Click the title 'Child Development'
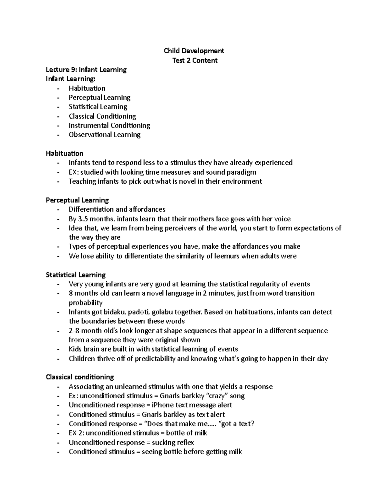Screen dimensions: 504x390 pyautogui.click(x=194, y=51)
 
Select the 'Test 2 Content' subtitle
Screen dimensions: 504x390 pyautogui.click(x=195, y=60)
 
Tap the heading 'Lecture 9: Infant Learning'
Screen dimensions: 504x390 pyautogui.click(x=86, y=69)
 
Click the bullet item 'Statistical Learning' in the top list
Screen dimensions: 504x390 pyautogui.click(x=98, y=107)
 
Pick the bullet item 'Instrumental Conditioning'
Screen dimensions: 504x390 pyautogui.click(x=109, y=125)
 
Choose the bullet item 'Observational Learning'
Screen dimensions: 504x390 pyautogui.click(x=104, y=135)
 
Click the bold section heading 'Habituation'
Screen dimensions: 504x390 pyautogui.click(x=64, y=153)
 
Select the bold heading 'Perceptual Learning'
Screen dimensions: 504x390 pyautogui.click(x=77, y=200)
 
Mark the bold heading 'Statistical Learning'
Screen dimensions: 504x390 pyautogui.click(x=76, y=275)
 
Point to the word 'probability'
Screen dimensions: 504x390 pyautogui.click(x=85, y=303)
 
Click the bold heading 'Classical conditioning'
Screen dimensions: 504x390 pyautogui.click(x=80, y=377)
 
